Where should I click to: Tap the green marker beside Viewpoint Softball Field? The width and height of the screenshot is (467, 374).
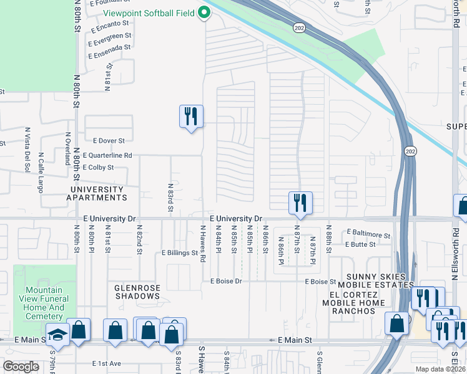tap(204, 12)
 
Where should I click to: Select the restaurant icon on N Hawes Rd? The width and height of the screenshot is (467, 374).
tap(191, 117)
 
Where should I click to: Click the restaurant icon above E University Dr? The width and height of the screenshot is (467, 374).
tap(300, 203)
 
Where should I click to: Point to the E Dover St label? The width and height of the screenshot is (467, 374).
tap(109, 141)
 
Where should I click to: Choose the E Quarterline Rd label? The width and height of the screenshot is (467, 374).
tap(108, 155)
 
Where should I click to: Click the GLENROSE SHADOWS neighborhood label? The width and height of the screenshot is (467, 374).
tap(137, 292)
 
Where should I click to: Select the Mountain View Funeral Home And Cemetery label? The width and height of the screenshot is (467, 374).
tap(44, 303)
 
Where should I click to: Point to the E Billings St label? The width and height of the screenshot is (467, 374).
tap(179, 254)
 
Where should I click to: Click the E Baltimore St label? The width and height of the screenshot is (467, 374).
tap(368, 236)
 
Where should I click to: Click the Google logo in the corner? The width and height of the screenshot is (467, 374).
tap(21, 367)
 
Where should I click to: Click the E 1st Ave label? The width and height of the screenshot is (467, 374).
tap(107, 363)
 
